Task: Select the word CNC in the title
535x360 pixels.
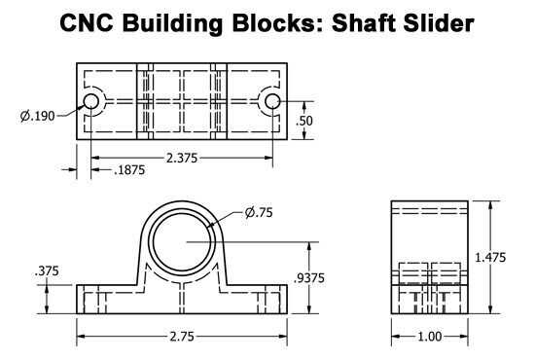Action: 87,23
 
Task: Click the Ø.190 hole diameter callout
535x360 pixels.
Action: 38,116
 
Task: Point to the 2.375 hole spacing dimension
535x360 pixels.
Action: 182,158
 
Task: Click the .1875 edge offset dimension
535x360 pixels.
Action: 129,170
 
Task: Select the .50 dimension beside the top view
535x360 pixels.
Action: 303,121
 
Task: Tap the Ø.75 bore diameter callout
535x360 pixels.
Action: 259,212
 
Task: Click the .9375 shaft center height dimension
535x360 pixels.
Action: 308,278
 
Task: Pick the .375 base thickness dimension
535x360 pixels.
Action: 47,271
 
